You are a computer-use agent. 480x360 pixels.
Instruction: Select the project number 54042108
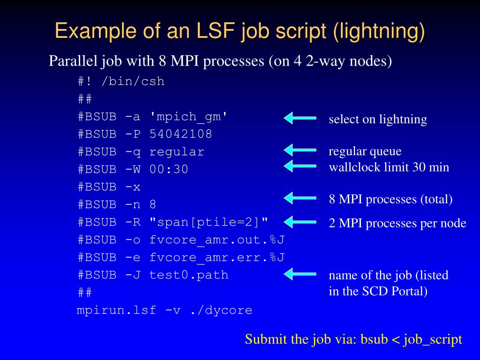[x=180, y=134]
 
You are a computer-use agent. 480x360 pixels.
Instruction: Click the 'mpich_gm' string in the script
[x=188, y=117]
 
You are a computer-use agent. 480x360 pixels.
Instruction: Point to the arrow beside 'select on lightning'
[x=300, y=118]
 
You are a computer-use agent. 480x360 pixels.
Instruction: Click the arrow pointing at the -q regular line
[x=300, y=150]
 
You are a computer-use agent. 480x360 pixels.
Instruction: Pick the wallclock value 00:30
[x=169, y=169]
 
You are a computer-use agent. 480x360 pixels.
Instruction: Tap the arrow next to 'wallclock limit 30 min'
[x=300, y=166]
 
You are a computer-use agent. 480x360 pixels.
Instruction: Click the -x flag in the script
[x=133, y=187]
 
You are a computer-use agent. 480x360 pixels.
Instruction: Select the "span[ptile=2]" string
[x=209, y=222]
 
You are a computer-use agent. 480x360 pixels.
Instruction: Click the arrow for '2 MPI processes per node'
[x=300, y=222]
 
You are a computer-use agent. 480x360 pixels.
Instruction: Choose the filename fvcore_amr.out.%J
[x=217, y=240]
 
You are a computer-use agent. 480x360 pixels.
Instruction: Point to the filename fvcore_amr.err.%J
[x=217, y=257]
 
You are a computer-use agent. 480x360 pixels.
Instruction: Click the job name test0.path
[x=189, y=275]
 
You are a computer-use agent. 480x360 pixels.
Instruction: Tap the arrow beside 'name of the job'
[x=300, y=274]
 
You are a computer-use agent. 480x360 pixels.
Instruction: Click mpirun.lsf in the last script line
[x=116, y=310]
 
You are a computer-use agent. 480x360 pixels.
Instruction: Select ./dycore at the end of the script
[x=221, y=310]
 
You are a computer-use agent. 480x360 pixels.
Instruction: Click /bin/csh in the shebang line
[x=133, y=82]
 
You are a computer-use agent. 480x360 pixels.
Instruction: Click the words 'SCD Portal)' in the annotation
[x=395, y=291]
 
